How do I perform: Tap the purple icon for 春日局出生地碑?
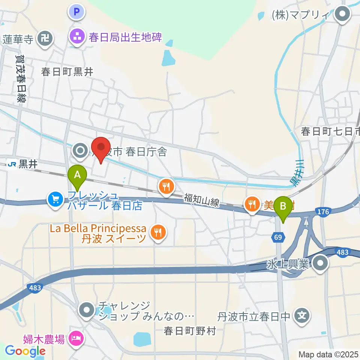[x=77, y=37]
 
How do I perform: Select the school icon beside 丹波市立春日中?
[x=301, y=316]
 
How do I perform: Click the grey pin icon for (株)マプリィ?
[x=342, y=15]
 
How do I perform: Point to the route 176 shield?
[x=323, y=212]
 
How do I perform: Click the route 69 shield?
[x=278, y=237]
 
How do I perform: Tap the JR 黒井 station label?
[x=19, y=163]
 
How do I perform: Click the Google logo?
[x=25, y=351]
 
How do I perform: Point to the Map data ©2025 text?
[x=327, y=354]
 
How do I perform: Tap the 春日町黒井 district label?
[x=67, y=72]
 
